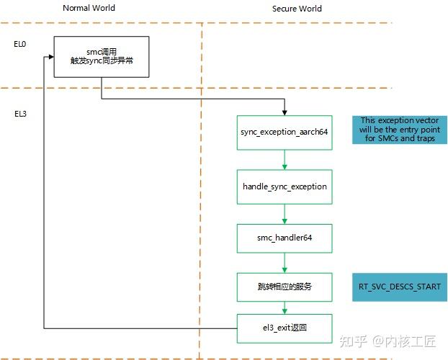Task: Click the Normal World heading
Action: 89,9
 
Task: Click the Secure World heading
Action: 297,9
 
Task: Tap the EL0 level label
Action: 20,43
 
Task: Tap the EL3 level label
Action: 20,114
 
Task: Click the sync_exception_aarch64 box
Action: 285,132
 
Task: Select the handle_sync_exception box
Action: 285,186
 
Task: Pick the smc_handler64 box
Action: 285,237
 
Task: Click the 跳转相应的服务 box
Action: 285,287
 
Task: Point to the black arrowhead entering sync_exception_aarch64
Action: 285,112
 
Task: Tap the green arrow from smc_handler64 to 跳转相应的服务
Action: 285,263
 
